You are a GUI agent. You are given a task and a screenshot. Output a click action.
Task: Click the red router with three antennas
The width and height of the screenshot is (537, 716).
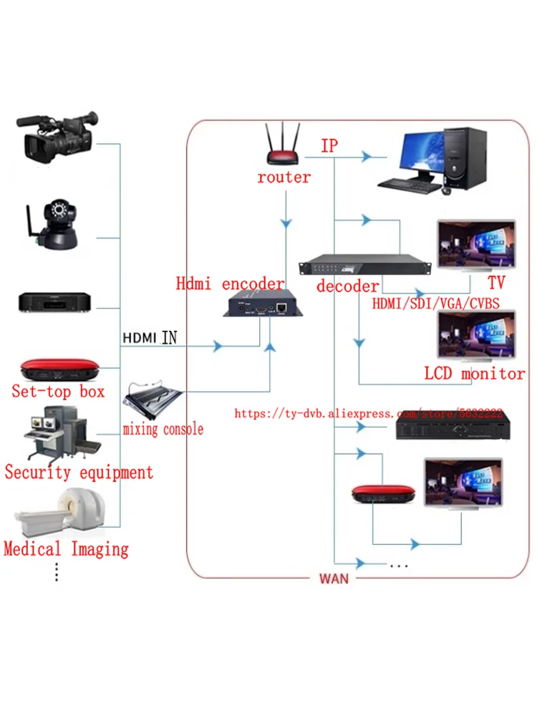[284, 148]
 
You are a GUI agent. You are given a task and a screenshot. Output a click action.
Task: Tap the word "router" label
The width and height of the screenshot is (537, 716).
[284, 177]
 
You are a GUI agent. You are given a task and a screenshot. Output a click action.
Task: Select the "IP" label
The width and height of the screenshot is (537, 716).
[329, 145]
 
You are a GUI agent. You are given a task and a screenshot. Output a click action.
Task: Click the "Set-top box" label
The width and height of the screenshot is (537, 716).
[58, 391]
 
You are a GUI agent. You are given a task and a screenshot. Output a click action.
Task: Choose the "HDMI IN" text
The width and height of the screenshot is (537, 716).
[150, 337]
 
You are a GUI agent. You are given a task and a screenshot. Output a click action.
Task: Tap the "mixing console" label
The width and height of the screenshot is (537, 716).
[163, 430]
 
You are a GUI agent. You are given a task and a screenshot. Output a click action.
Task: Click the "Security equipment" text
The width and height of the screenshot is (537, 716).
[79, 473]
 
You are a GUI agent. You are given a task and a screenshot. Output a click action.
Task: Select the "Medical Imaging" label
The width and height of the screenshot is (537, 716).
[66, 550]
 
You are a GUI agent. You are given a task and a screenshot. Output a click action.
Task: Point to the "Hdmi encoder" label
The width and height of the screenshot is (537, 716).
[230, 284]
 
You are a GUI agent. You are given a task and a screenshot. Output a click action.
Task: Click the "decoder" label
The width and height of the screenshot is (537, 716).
[347, 286]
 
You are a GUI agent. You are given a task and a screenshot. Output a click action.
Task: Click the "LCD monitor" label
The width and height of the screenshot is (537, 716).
[474, 374]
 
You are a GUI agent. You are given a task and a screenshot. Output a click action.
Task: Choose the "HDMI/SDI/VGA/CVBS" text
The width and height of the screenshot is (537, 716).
[435, 304]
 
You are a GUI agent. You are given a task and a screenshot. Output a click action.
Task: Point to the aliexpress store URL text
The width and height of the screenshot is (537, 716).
[368, 414]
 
